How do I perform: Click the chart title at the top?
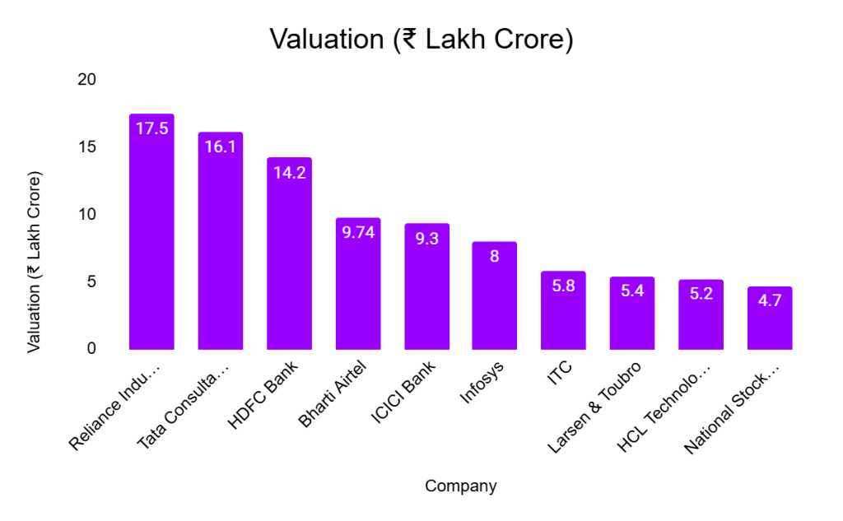coord(421,39)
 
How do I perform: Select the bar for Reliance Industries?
coord(151,239)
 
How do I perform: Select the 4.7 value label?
coord(770,300)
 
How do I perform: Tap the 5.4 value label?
coord(632,291)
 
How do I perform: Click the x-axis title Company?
coord(460,486)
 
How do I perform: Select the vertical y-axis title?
coord(34,263)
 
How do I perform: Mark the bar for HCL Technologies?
coord(701,317)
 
